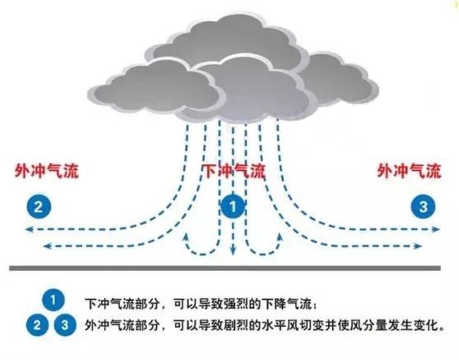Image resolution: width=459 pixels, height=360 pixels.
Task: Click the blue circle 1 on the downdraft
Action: pos(233,206)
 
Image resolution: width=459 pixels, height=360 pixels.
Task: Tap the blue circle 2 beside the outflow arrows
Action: pos(39,206)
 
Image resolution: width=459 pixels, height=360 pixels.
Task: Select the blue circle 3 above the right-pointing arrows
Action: pos(424,206)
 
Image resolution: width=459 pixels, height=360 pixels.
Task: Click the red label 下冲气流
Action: pos(234,171)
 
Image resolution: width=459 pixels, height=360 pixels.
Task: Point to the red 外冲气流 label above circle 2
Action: pos(47,170)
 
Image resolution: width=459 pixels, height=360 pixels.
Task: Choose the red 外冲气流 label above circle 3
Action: pos(409,170)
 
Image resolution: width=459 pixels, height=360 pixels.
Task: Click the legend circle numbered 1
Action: pos(53,300)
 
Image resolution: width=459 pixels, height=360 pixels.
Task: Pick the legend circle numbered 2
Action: pos(37,325)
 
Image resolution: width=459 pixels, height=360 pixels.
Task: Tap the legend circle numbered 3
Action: pos(65,325)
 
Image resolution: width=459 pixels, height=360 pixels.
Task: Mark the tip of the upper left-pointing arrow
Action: pos(26,230)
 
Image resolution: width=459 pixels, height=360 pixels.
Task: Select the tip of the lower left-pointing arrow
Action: pos(43,246)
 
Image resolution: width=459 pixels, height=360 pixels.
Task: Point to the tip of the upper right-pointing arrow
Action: pos(439,230)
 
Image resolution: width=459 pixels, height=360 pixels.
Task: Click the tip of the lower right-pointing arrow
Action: pos(422,246)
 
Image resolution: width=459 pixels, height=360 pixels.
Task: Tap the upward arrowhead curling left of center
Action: pos(185,234)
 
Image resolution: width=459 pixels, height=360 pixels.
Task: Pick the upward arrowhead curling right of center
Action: pos(280,234)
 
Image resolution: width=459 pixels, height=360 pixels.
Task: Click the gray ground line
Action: pos(225,268)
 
